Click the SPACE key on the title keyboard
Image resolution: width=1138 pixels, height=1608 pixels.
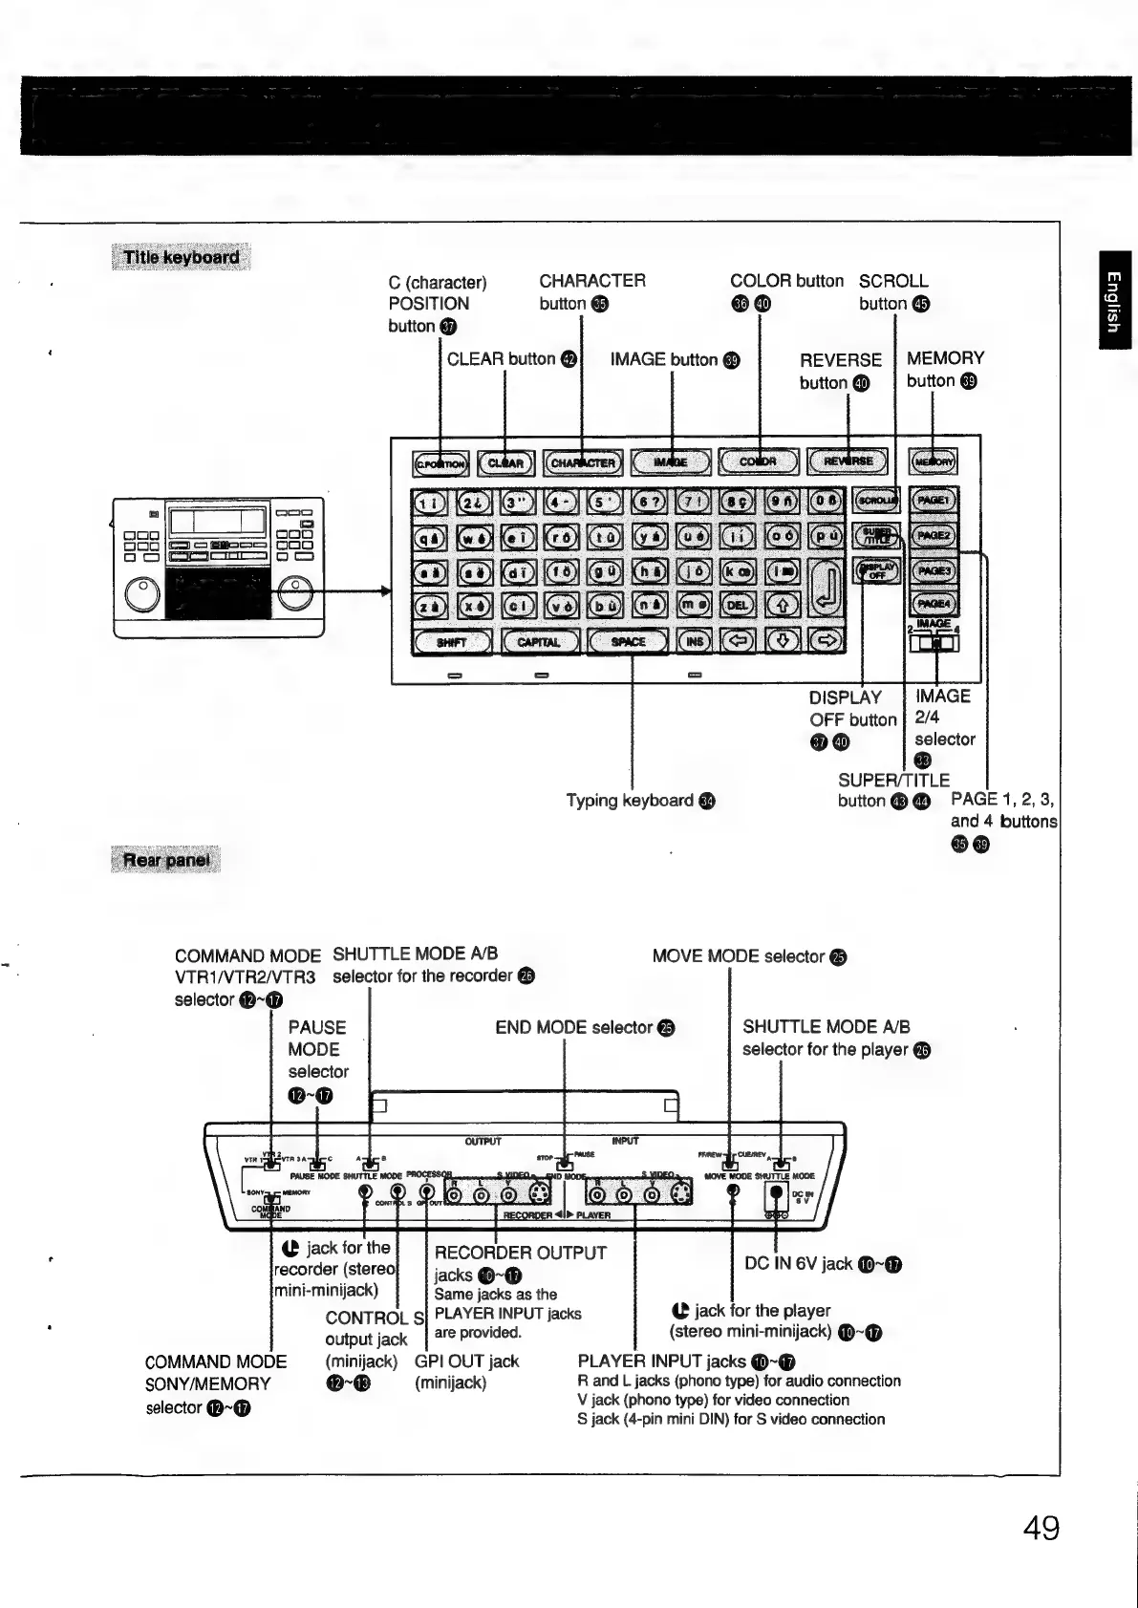(628, 641)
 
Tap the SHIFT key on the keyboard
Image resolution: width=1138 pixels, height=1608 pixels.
(451, 641)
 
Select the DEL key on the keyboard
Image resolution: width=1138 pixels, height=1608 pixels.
(738, 605)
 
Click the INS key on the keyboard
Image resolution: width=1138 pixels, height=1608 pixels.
(695, 641)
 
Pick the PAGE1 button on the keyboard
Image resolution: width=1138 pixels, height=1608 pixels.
(933, 500)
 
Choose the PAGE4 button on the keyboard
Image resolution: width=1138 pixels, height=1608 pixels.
(933, 604)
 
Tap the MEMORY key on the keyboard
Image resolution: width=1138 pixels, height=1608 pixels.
(933, 462)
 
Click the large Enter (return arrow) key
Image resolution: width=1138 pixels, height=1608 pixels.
(827, 588)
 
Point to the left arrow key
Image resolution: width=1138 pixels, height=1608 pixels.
(738, 641)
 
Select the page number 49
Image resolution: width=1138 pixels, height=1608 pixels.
(1041, 1528)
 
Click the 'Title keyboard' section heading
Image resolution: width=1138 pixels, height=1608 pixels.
(182, 257)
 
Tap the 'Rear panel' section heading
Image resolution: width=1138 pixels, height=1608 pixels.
(166, 860)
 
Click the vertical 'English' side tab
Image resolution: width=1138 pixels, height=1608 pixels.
(1113, 300)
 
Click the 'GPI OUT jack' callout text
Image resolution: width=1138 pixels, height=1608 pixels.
(466, 1361)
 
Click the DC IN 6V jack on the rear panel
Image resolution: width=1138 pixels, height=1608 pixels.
(776, 1193)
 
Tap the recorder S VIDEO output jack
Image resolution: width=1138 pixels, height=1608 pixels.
(539, 1194)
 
